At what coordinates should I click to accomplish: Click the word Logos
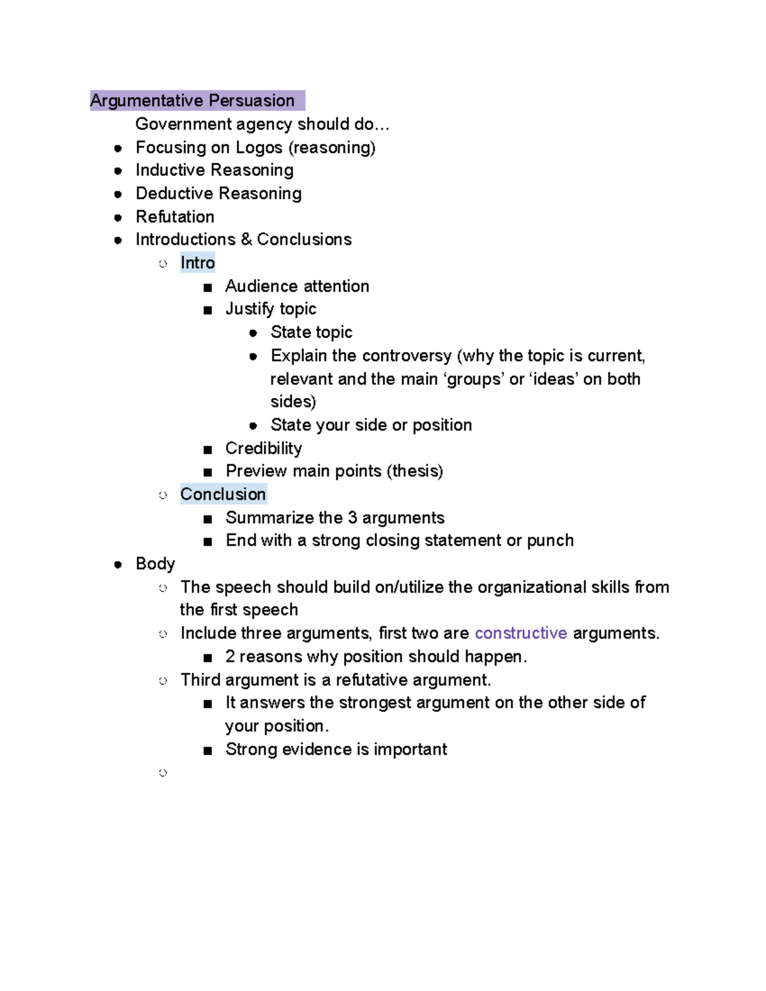[x=259, y=147]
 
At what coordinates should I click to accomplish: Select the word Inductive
[x=169, y=170]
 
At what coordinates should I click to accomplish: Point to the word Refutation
[x=175, y=217]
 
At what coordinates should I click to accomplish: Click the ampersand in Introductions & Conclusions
[x=246, y=239]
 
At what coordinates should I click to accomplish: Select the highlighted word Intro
[x=197, y=263]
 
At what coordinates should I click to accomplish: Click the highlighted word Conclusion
[x=223, y=495]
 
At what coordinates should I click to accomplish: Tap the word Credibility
[x=264, y=448]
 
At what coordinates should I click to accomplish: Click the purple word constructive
[x=521, y=633]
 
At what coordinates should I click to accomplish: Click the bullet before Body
[x=118, y=565]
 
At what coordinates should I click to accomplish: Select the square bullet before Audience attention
[x=207, y=288]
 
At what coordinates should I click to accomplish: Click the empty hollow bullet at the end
[x=163, y=773]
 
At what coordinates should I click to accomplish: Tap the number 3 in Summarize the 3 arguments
[x=352, y=518]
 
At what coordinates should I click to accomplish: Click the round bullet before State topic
[x=253, y=333]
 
